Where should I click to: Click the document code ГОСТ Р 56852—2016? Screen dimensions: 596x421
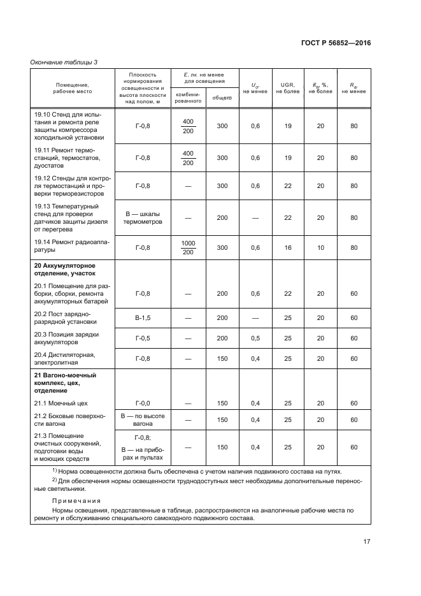(x=336, y=43)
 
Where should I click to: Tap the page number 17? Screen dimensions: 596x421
(x=367, y=542)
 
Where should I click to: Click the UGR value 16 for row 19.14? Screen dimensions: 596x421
(x=287, y=247)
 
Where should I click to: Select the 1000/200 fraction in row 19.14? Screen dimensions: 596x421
(x=188, y=247)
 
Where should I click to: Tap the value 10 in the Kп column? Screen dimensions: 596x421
(x=320, y=247)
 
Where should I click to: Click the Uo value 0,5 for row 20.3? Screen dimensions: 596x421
(x=255, y=338)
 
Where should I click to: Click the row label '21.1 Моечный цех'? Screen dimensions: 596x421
(x=61, y=403)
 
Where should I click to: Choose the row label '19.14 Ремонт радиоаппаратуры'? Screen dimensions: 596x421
(x=66, y=247)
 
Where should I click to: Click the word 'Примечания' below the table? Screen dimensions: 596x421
(x=73, y=501)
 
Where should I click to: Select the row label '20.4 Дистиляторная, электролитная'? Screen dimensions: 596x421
(x=64, y=359)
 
